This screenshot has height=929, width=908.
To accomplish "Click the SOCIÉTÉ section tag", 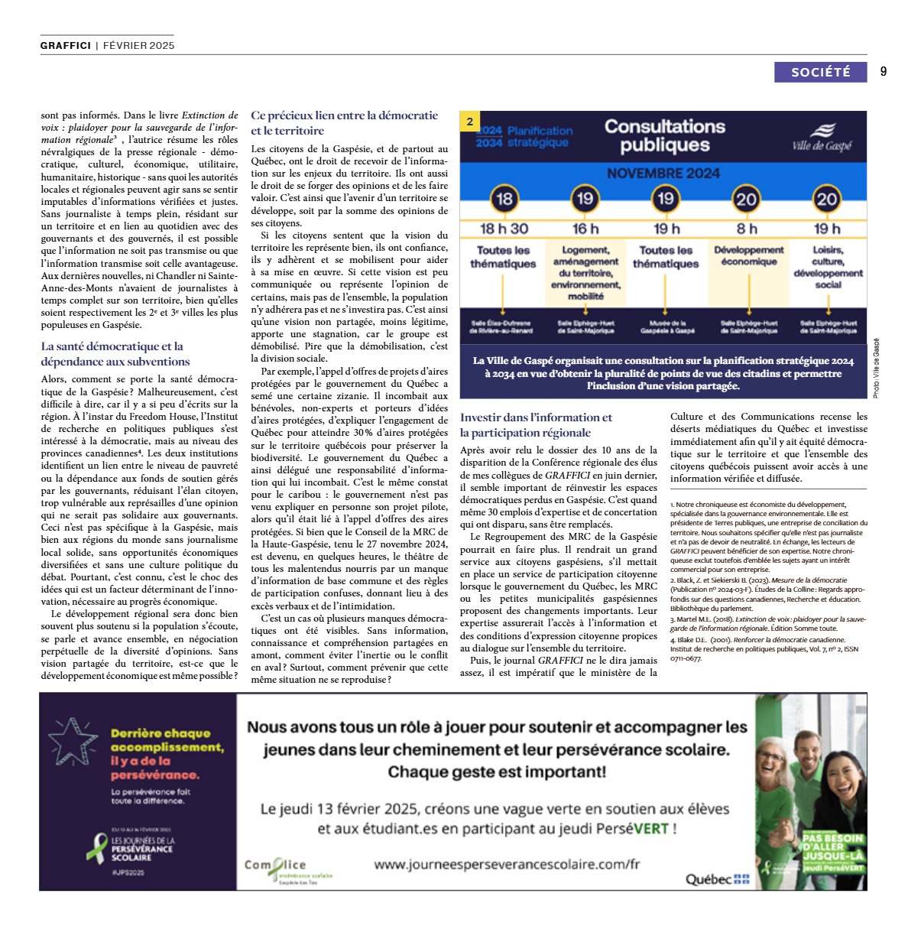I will pyautogui.click(x=820, y=72).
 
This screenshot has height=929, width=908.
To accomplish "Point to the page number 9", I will pyautogui.click(x=884, y=72).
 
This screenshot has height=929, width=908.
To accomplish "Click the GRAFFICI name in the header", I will pyautogui.click(x=66, y=45).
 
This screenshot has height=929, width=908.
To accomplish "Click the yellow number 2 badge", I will pyautogui.click(x=470, y=122).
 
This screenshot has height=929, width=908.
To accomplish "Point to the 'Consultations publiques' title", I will pyautogui.click(x=665, y=135).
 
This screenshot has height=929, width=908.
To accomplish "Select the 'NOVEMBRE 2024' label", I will pyautogui.click(x=663, y=174).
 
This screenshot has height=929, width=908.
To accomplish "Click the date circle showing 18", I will pyautogui.click(x=504, y=200).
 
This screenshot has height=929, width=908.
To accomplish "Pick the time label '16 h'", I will pyautogui.click(x=585, y=229).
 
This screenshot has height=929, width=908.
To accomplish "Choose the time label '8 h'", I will pyautogui.click(x=747, y=229).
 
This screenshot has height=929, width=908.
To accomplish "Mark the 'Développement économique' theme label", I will pyautogui.click(x=749, y=256).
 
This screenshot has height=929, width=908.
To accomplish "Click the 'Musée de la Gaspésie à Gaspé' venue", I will pyautogui.click(x=667, y=327).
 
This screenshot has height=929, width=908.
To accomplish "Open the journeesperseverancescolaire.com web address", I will pyautogui.click(x=506, y=864).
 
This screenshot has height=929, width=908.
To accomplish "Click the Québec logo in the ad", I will pyautogui.click(x=717, y=879).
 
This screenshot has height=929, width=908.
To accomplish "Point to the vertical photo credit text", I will pyautogui.click(x=876, y=368).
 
